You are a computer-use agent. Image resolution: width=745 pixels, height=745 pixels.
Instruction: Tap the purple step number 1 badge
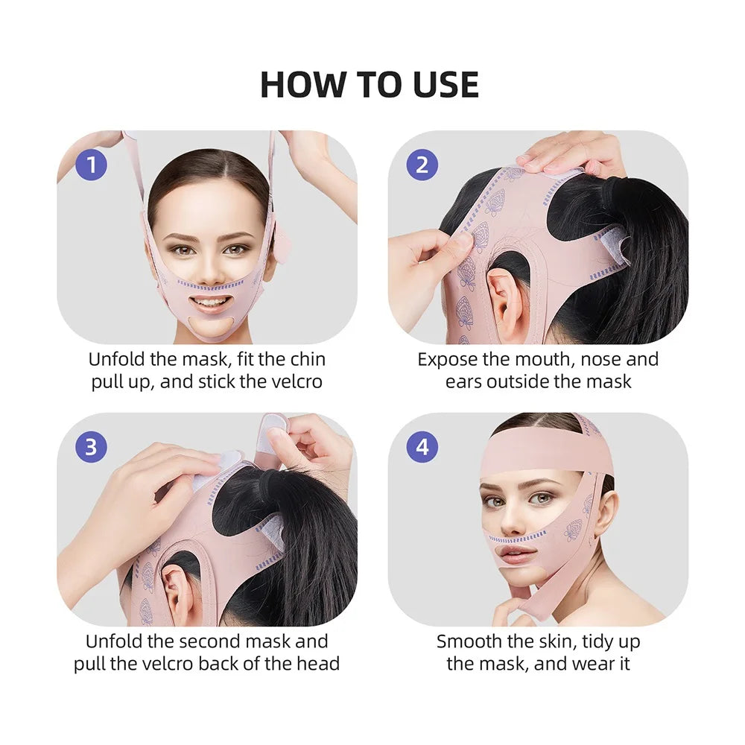(x=91, y=165)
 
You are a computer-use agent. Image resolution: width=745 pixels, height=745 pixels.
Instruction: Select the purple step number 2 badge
(x=422, y=165)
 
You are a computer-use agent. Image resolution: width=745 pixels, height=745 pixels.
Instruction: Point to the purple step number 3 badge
(x=91, y=446)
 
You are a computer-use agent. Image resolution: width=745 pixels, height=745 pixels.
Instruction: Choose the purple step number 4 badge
(x=422, y=446)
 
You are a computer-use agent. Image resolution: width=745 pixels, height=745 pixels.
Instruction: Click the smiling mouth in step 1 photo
(x=209, y=302)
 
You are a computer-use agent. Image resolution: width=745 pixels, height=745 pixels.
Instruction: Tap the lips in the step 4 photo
(x=515, y=554)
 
